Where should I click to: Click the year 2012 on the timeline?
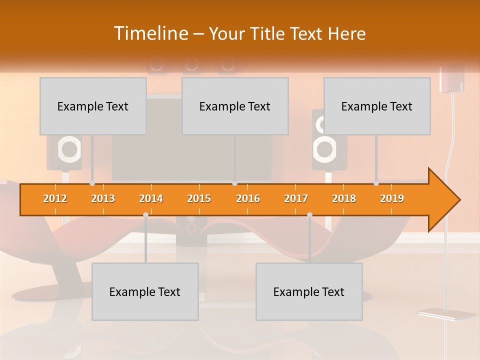pos(55,198)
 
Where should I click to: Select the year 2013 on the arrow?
pos(103,198)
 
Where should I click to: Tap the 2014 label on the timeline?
pos(151,198)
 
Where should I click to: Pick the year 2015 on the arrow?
pos(199,198)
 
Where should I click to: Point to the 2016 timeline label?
pos(248,198)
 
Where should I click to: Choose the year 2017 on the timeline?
pos(296,198)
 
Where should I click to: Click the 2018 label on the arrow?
pos(344,198)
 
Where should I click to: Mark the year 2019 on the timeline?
pos(392,198)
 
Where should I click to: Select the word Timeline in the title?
pos(150,33)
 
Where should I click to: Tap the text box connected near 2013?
pos(93,106)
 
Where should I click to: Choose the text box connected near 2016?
pos(235,106)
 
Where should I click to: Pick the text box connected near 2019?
pos(377,106)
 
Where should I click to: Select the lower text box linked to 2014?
pos(145,291)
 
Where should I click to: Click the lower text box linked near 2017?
pos(309,291)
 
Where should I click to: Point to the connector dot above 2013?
pos(92,183)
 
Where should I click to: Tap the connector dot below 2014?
pos(145,214)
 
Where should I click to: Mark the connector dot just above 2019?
pos(376,183)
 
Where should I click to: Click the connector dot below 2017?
pos(309,214)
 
